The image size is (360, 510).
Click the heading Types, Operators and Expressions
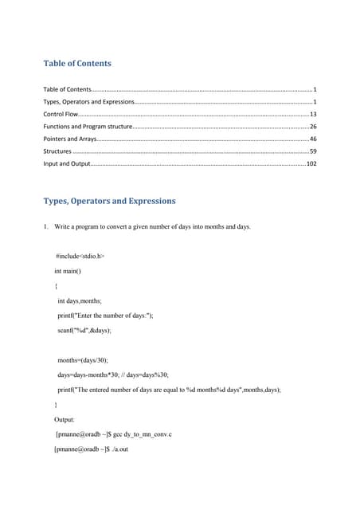click(x=109, y=201)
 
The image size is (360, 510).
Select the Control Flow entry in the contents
click(x=60, y=115)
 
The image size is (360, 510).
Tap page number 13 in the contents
click(x=313, y=115)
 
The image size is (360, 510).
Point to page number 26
click(x=313, y=127)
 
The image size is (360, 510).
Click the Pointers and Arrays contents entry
click(x=69, y=139)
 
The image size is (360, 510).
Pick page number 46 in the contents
click(x=313, y=139)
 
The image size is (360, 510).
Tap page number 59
click(x=313, y=151)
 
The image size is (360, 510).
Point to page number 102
click(x=311, y=163)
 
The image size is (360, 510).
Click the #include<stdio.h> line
click(x=80, y=257)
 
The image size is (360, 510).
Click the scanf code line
click(x=84, y=329)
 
